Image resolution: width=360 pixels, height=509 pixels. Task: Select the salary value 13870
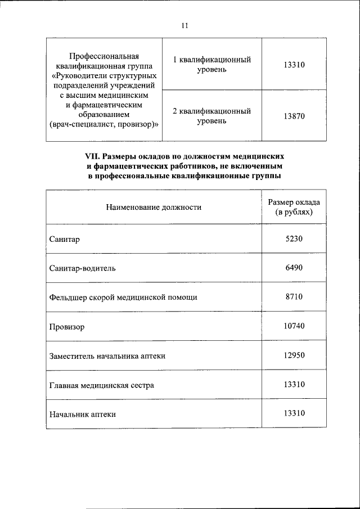pos(294,116)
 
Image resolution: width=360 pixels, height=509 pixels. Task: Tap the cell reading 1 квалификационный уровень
pos(211,64)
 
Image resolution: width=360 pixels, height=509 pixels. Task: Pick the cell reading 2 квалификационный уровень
pos(211,116)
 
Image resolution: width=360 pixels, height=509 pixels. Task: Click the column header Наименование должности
pos(154,207)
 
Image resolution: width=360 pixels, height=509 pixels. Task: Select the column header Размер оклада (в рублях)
pos(294,207)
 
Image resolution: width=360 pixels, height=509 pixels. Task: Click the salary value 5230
pos(294,238)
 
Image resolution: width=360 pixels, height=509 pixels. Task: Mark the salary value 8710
pos(294,296)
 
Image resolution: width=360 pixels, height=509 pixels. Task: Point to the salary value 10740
pos(294,326)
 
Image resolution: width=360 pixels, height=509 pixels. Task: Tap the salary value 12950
pos(294,355)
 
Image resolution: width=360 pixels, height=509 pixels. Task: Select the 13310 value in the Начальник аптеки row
pos(294,413)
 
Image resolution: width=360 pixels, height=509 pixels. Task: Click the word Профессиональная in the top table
pos(103,56)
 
